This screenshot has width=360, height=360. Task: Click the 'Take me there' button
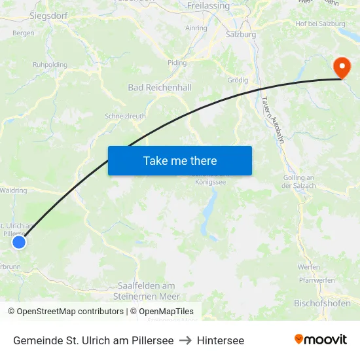[180, 160]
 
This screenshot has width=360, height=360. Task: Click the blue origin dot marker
[19, 242]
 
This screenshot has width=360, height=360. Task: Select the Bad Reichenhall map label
[159, 87]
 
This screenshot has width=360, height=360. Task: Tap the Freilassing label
[208, 5]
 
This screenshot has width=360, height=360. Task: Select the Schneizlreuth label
[125, 116]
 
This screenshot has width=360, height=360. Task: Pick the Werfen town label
[308, 267]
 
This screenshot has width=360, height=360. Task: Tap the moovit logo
[321, 340]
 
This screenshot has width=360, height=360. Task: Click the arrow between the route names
[185, 341]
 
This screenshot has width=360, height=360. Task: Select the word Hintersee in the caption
[221, 341]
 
